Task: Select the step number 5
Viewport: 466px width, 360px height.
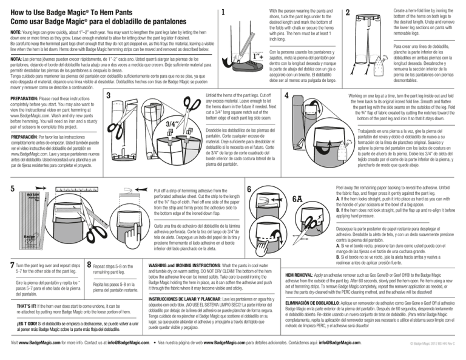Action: (6, 169)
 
